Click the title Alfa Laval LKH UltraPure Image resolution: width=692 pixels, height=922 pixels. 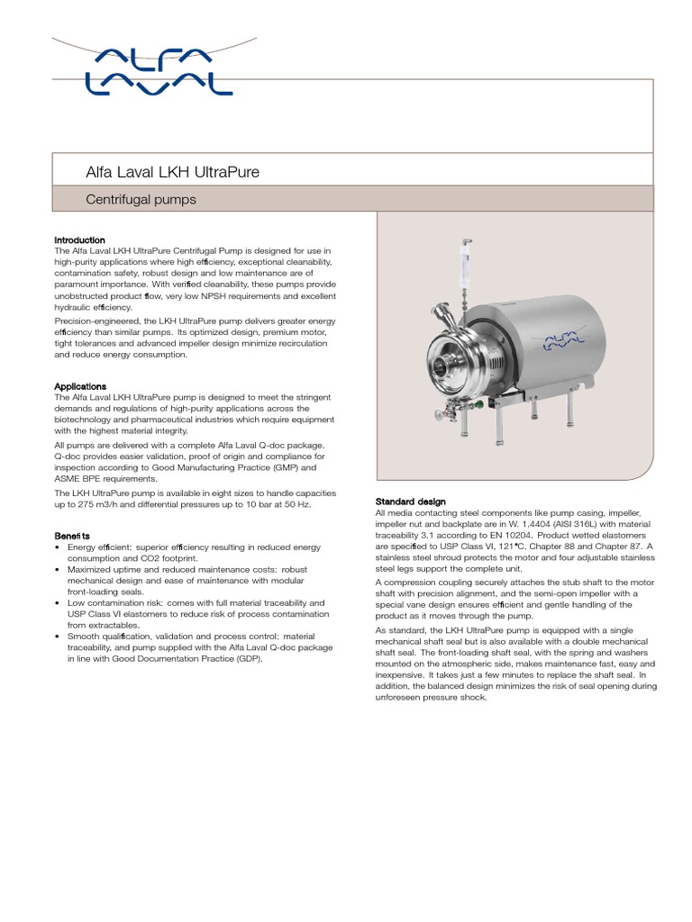(172, 172)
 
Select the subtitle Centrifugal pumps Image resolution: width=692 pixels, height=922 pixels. (140, 199)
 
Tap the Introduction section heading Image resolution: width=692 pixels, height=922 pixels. (79, 240)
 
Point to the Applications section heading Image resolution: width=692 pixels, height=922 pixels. (80, 386)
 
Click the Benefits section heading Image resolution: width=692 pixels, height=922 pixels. (72, 536)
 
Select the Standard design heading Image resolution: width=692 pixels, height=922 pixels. (410, 502)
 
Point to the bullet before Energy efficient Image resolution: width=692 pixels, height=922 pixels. (58, 547)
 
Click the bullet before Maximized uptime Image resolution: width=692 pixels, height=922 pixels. (58, 570)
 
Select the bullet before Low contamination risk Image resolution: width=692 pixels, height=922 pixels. (58, 602)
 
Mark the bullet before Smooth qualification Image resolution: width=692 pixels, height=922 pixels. (58, 636)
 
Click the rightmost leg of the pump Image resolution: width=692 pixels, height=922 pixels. (569, 412)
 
